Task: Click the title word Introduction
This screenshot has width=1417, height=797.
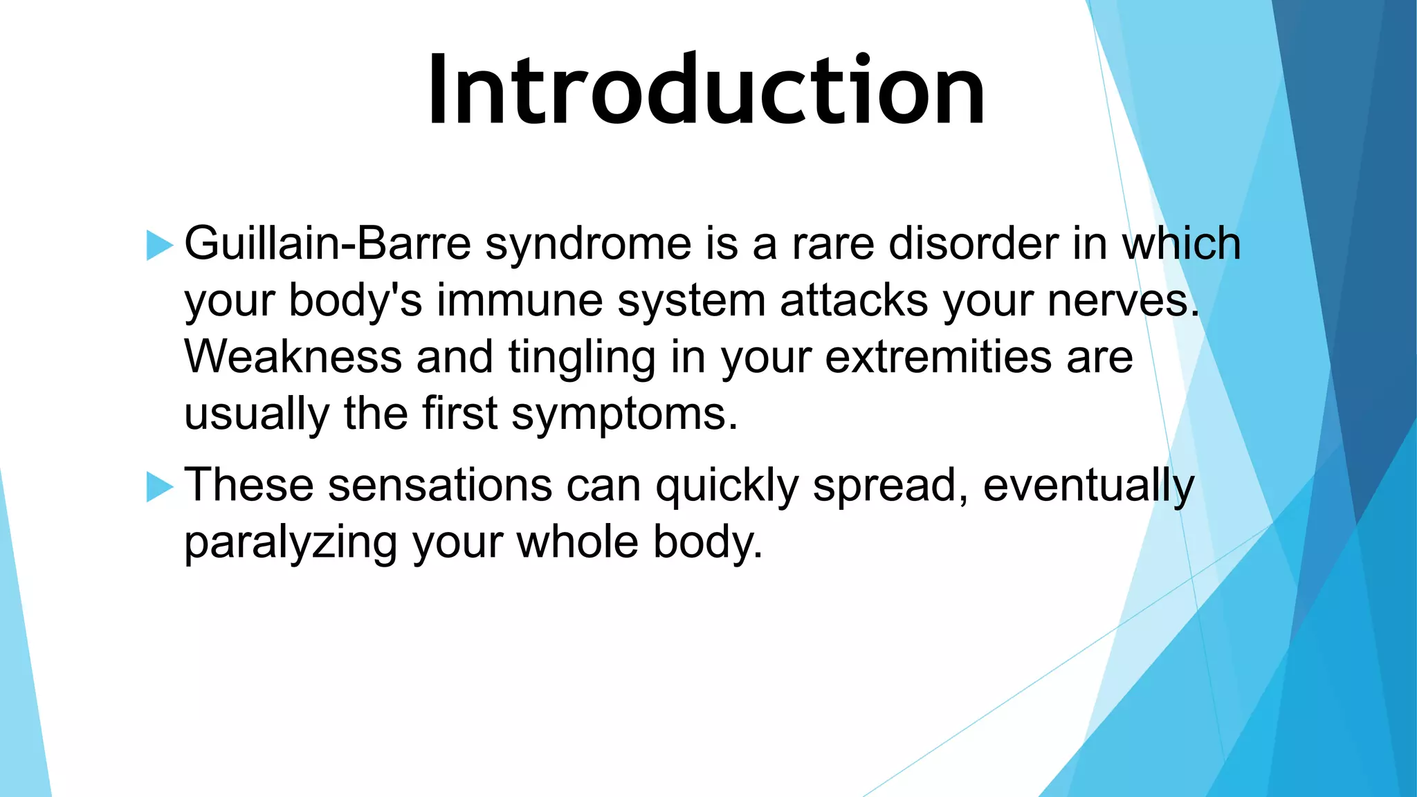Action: [x=706, y=90]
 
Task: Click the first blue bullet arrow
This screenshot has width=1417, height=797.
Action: [x=159, y=246]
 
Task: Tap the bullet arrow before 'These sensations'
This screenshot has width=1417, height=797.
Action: [x=159, y=487]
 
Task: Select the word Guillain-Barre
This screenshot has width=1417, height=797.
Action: [x=327, y=244]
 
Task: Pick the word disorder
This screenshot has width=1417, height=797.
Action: [x=973, y=244]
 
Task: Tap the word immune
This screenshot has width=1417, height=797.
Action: [x=520, y=302]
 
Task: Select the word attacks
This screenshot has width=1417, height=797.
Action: [x=854, y=302]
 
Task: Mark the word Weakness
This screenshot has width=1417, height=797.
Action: [x=293, y=357]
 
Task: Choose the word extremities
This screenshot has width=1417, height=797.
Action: [x=938, y=357]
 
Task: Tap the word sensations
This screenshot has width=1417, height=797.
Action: [x=440, y=486]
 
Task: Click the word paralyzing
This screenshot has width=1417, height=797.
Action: [x=291, y=544]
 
